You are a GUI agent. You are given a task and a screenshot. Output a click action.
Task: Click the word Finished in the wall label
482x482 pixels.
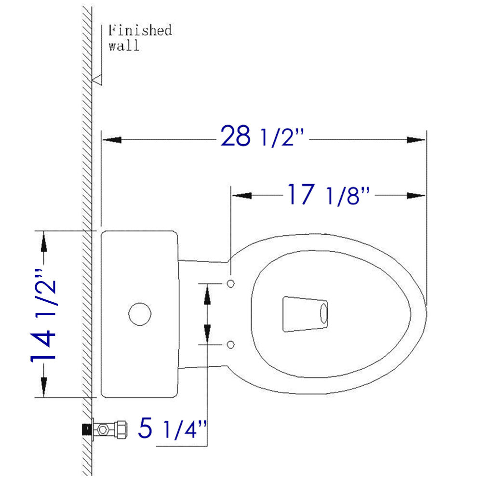coord(140,31)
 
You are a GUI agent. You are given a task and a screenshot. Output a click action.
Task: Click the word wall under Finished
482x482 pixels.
coord(124,46)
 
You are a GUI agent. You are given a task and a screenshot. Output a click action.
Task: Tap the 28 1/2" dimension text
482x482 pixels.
coord(263,137)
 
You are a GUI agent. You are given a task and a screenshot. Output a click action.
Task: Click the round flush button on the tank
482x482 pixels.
coord(140,314)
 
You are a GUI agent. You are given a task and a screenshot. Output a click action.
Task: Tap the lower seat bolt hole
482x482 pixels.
coord(230,344)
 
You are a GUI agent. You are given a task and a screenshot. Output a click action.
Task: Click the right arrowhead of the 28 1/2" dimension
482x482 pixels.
coord(416,140)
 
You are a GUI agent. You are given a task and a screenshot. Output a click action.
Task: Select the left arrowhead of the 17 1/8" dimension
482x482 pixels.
coord(242,195)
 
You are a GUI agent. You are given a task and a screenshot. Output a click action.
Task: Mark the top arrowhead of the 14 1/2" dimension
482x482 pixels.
coord(44,241)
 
